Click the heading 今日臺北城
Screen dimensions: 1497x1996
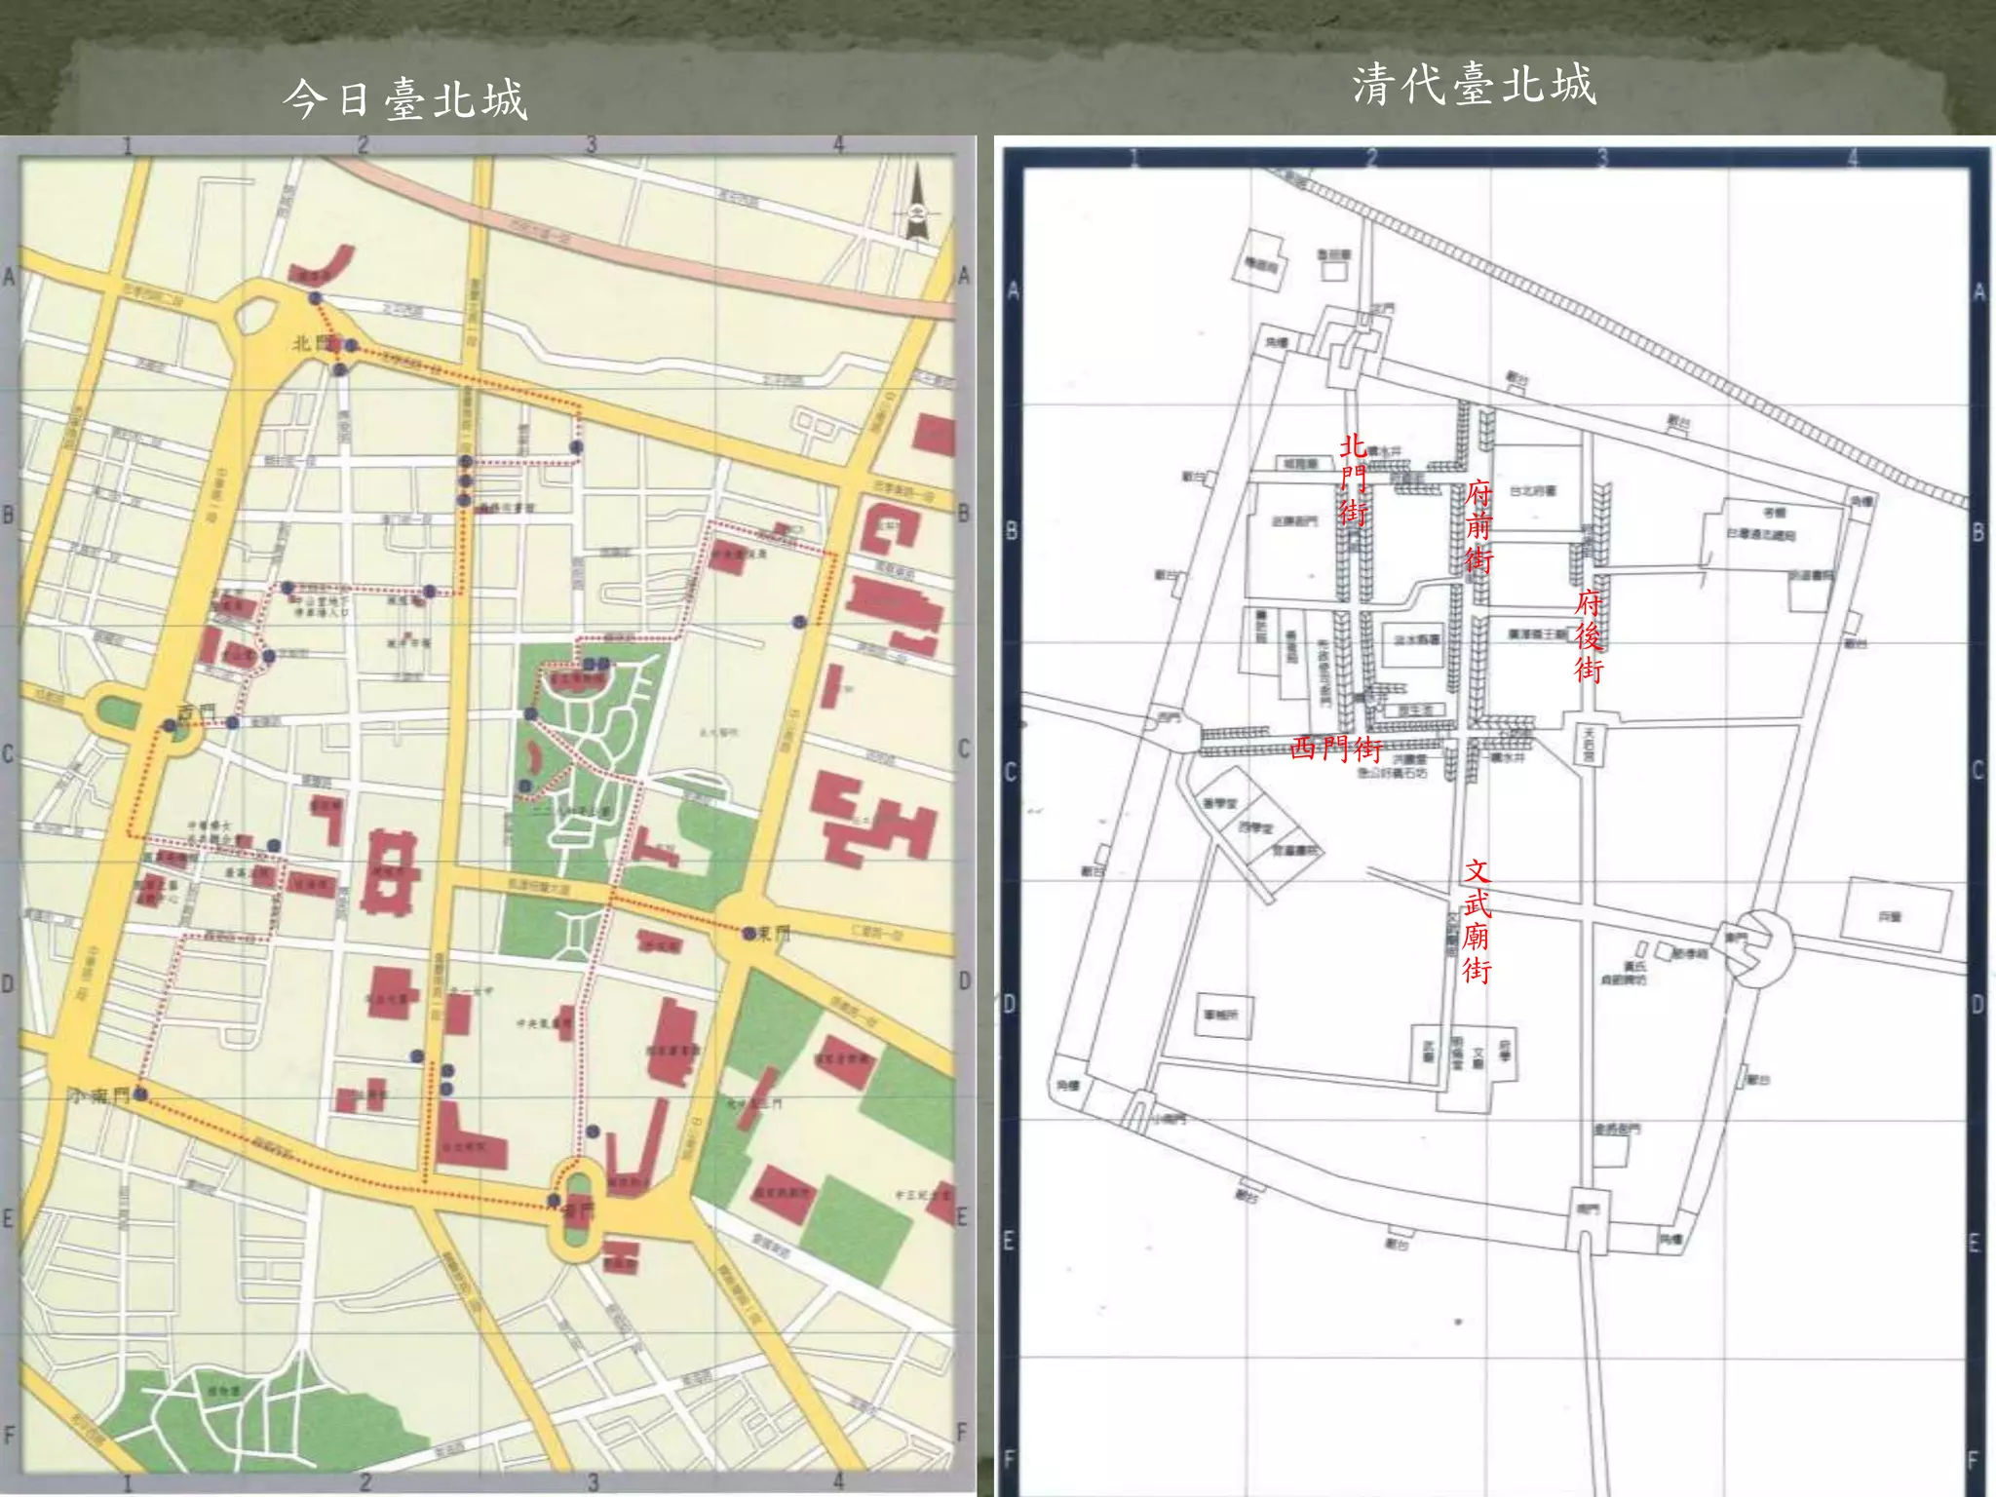click(x=405, y=99)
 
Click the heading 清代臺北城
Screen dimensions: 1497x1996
click(x=1474, y=85)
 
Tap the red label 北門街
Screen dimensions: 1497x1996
click(x=1353, y=479)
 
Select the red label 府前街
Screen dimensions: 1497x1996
click(x=1478, y=526)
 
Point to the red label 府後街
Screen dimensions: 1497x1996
click(x=1589, y=635)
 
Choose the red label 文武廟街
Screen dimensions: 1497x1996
click(x=1477, y=920)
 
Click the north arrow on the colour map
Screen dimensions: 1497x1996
click(x=916, y=206)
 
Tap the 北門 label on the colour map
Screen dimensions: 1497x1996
click(x=314, y=343)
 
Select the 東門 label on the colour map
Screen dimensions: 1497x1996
click(x=775, y=934)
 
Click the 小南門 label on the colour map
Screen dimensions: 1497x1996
click(x=97, y=1095)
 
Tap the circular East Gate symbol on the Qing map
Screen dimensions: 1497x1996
click(x=1754, y=947)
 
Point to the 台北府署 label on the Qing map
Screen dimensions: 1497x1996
click(x=1533, y=491)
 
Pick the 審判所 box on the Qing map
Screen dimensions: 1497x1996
click(x=1222, y=1015)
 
